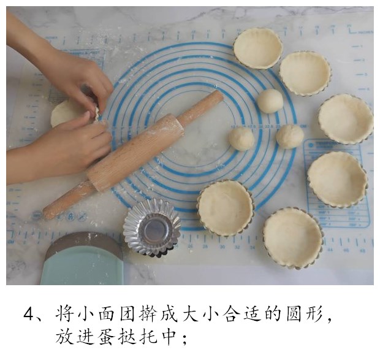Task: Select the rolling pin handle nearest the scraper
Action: pyautogui.click(x=62, y=205)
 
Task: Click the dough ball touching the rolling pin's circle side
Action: pyautogui.click(x=242, y=139)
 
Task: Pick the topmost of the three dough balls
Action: pyautogui.click(x=269, y=101)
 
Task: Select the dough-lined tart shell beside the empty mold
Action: pyautogui.click(x=225, y=207)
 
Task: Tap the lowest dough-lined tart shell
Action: pyautogui.click(x=293, y=238)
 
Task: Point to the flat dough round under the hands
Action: pyautogui.click(x=66, y=113)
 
